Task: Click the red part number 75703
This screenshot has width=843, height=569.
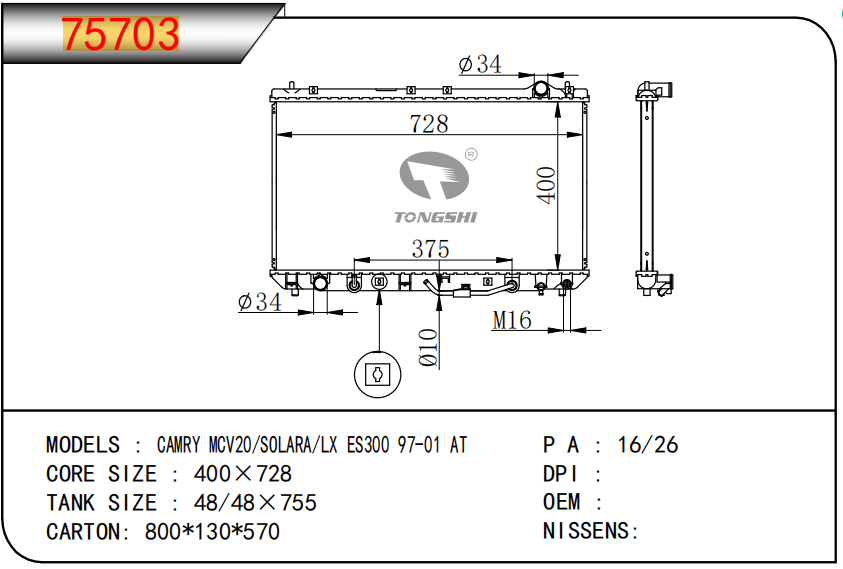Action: [120, 34]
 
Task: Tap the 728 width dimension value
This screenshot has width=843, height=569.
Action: [428, 124]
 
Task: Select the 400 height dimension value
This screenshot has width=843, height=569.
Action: [546, 185]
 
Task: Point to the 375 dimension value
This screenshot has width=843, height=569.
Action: [430, 248]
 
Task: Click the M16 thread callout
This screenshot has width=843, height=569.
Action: [512, 320]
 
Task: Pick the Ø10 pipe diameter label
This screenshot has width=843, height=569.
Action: [428, 347]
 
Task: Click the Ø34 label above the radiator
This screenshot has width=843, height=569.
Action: [480, 64]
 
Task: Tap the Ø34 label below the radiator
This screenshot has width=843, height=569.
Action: [260, 302]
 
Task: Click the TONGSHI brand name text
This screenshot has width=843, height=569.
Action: [435, 217]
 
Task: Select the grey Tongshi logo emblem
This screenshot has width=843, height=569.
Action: [434, 175]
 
